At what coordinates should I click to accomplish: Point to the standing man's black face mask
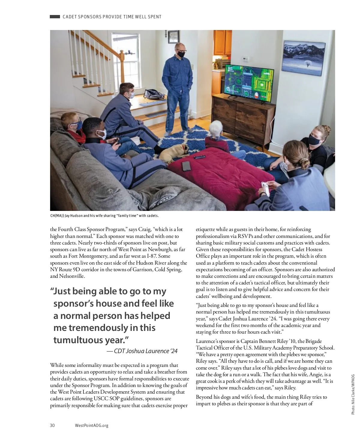click(x=181, y=54)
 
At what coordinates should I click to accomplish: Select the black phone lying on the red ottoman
click(x=186, y=166)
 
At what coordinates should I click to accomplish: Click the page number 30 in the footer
click(x=52, y=425)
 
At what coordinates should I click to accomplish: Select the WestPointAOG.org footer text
click(x=91, y=425)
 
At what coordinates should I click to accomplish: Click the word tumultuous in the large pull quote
click(x=78, y=340)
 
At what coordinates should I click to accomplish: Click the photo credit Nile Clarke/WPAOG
click(x=353, y=394)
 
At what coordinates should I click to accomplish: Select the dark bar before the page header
click(x=55, y=17)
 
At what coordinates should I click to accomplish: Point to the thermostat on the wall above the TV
click(x=245, y=58)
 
